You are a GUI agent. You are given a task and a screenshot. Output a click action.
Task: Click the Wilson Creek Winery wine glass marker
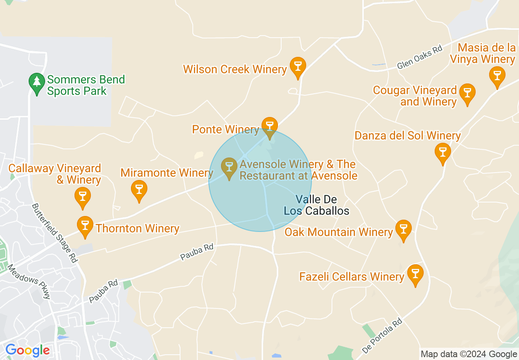pyautogui.click(x=298, y=66)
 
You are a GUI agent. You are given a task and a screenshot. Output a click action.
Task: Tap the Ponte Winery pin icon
pyautogui.click(x=269, y=126)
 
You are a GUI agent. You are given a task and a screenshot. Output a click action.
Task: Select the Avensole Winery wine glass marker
pyautogui.click(x=229, y=167)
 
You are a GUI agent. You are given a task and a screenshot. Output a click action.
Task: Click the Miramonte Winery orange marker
pyautogui.click(x=139, y=190)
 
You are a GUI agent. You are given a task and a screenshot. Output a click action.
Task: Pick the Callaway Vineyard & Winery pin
pyautogui.click(x=83, y=196)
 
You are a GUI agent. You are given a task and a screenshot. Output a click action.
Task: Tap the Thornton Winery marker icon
pyautogui.click(x=85, y=226)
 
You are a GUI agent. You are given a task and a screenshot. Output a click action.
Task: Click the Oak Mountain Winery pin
pyautogui.click(x=403, y=229)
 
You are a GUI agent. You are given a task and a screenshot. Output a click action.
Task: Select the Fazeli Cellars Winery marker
pyautogui.click(x=415, y=274)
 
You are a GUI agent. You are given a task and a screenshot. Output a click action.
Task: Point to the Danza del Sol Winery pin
pyautogui.click(x=442, y=152)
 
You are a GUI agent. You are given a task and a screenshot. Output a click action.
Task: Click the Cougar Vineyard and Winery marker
pyautogui.click(x=467, y=93)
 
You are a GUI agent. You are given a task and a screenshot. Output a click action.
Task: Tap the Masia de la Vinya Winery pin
pyautogui.click(x=497, y=76)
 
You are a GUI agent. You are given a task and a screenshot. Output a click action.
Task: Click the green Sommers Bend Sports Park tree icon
pyautogui.click(x=37, y=83)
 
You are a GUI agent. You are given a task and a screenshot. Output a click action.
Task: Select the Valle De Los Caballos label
pyautogui.click(x=316, y=205)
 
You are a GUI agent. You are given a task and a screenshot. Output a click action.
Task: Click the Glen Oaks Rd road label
pyautogui.click(x=420, y=57)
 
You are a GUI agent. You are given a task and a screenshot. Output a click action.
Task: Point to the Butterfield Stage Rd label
pyautogui.click(x=55, y=233)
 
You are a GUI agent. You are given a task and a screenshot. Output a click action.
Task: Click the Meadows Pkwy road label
pyautogui.click(x=29, y=281)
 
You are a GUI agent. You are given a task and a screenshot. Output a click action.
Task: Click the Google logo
pyautogui.click(x=27, y=350)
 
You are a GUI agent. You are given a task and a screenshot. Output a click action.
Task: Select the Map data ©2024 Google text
pyautogui.click(x=469, y=354)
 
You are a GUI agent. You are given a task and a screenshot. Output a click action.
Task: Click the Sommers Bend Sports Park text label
pyautogui.click(x=86, y=85)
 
